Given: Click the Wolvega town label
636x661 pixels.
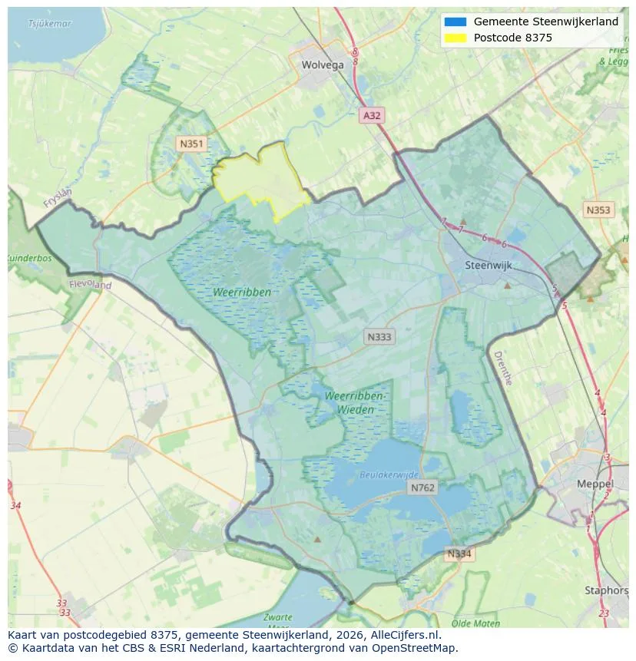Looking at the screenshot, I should tap(323, 65).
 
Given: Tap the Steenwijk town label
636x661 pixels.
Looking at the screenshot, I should tap(489, 266).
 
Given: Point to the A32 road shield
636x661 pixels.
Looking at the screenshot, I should tap(372, 115).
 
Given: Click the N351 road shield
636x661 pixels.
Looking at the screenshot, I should tap(190, 144).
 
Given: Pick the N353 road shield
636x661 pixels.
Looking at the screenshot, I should tap(598, 210).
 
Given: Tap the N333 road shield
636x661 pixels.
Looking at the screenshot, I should tap(379, 336).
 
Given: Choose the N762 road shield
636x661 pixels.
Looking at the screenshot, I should tap(422, 487).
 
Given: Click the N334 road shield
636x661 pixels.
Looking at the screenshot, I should tap(459, 554).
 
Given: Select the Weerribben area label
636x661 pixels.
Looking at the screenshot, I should tap(243, 292).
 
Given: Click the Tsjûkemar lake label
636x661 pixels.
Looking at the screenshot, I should tap(49, 24).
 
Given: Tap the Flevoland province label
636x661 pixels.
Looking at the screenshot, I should tap(91, 285).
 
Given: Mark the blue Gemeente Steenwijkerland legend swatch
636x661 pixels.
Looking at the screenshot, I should tap(455, 21).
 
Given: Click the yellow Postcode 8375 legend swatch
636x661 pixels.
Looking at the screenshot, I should tap(455, 38).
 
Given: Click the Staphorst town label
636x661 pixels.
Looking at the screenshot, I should tap(607, 590).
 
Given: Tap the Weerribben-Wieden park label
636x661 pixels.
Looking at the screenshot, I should tap(355, 402).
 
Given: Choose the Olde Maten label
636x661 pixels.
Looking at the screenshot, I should tap(476, 623).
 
